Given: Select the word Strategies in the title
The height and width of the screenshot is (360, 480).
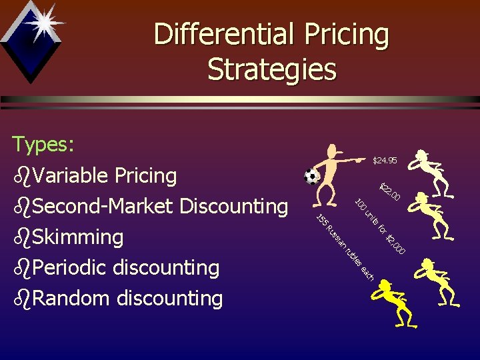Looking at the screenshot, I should [272, 69].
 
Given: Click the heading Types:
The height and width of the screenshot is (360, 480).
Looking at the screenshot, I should [44, 144].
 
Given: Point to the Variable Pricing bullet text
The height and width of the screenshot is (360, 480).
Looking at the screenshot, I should [105, 176].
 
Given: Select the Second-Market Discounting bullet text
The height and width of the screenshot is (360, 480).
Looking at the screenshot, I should [159, 207].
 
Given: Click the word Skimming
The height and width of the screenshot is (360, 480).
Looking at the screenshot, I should [77, 237].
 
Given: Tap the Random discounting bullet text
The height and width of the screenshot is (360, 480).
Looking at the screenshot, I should [127, 298].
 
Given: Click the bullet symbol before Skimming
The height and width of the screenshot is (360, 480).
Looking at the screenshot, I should [21, 237].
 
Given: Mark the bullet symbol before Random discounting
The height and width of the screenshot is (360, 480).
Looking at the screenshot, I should [21, 299].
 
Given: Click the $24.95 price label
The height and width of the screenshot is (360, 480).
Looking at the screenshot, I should [385, 161].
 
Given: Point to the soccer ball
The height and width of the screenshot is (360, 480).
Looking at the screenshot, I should [311, 177].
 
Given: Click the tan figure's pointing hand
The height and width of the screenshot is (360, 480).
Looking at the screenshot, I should [360, 160].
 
